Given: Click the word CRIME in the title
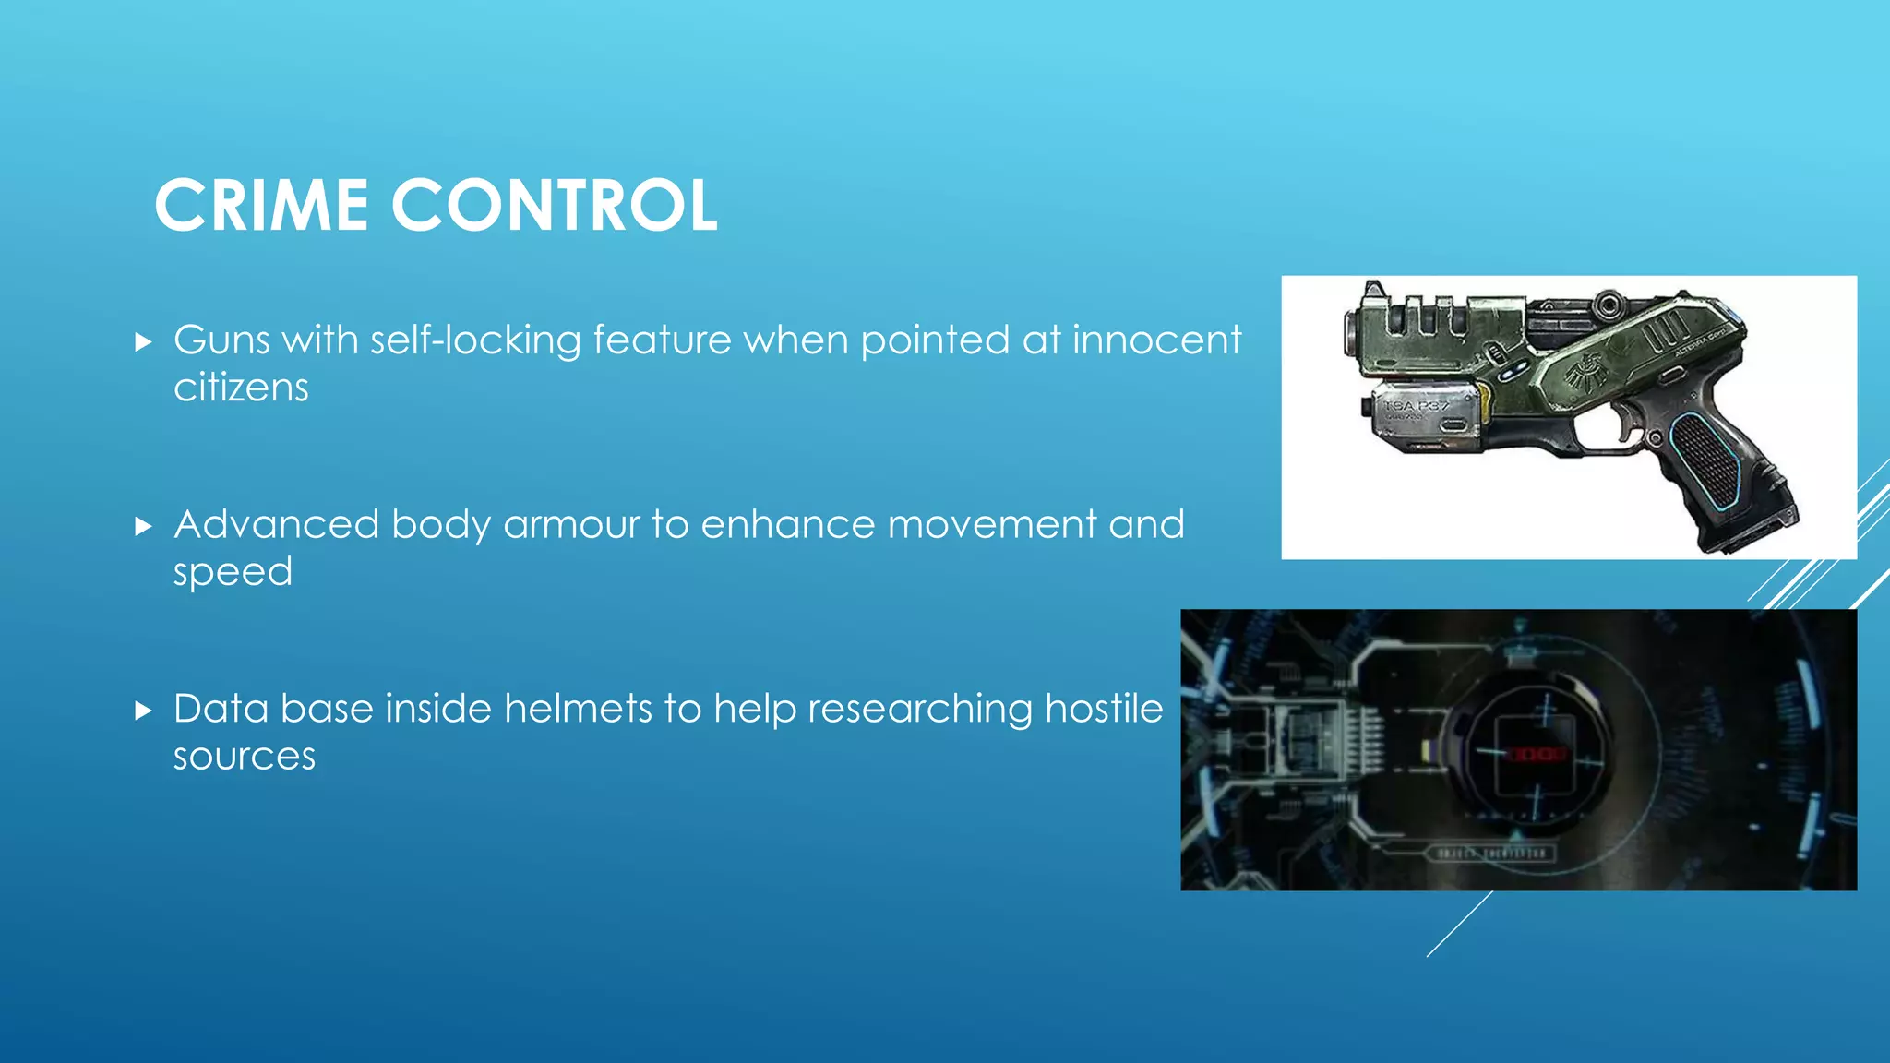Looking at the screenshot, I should point(261,205).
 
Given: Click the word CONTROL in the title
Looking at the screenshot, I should point(554,205).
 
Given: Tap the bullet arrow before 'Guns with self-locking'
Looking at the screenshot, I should point(143,343).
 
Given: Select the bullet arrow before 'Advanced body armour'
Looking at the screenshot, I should point(143,527).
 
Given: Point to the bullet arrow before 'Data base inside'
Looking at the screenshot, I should point(143,711).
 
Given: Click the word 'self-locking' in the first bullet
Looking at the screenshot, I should point(475,340).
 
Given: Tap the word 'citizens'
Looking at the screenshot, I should point(241,388).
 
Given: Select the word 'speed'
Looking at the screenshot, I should point(233,572).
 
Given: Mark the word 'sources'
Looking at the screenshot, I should point(245,757).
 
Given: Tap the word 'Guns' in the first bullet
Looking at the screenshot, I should point(221,340).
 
